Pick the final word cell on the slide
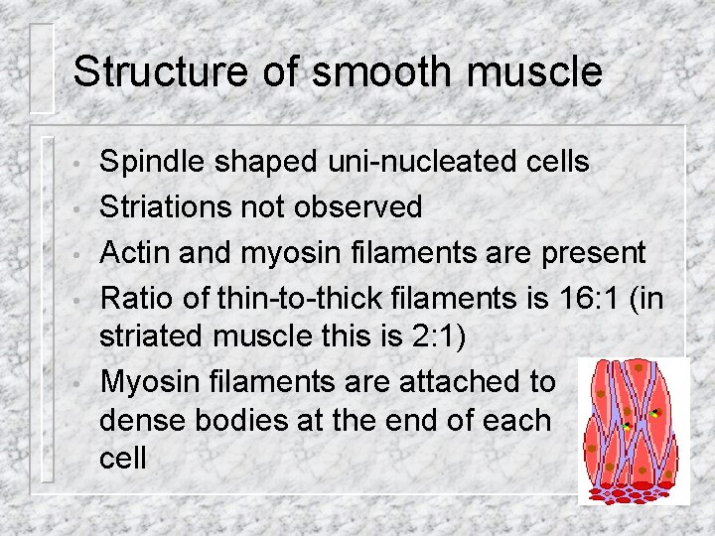click(x=123, y=458)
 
